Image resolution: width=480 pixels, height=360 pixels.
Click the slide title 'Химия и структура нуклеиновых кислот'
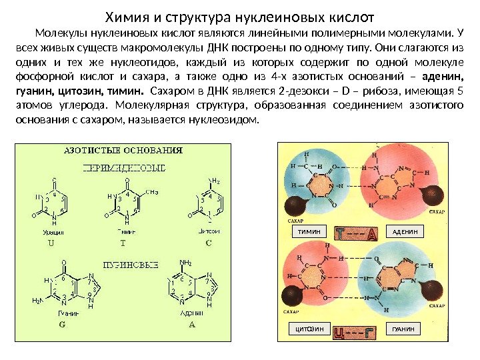pyautogui.click(x=240, y=15)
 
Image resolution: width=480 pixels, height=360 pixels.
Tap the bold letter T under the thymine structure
pyautogui.click(x=123, y=243)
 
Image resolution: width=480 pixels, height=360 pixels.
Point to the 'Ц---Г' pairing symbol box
pyautogui.click(x=357, y=330)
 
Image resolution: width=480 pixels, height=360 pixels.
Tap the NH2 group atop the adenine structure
pyautogui.click(x=186, y=262)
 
